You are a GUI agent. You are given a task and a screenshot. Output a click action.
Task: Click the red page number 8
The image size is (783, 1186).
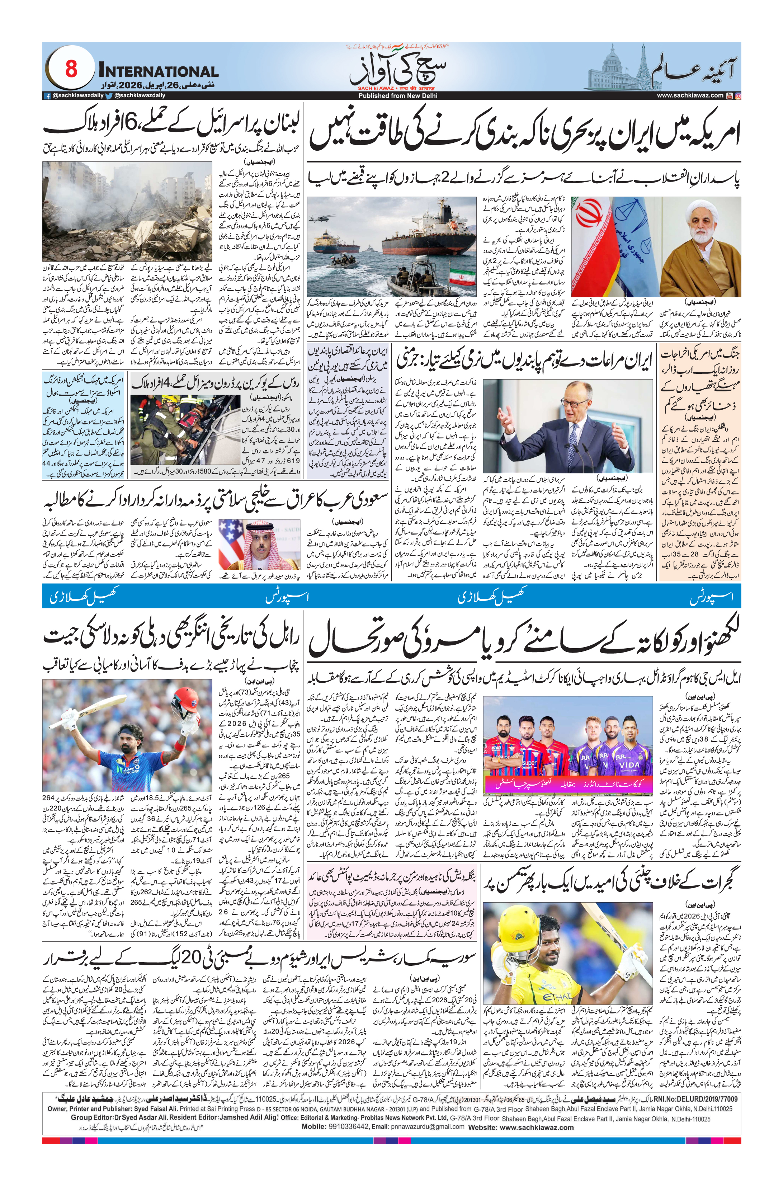point(71,69)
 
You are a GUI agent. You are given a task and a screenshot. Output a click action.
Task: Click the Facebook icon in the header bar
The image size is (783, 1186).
point(47,95)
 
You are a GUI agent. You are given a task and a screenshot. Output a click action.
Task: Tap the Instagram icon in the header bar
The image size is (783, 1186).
point(738,95)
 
